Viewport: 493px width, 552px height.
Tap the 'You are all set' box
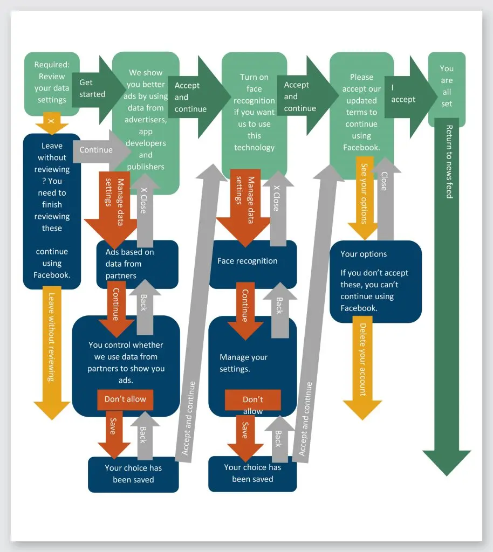pos(447,86)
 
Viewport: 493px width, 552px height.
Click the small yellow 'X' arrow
pos(52,124)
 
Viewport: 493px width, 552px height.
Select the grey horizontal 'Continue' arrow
pos(100,150)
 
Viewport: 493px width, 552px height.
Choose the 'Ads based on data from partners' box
pos(136,264)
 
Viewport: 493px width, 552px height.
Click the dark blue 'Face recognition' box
pos(252,261)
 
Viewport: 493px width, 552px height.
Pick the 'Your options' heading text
pos(364,254)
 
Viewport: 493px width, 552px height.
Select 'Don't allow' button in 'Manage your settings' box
pos(252,401)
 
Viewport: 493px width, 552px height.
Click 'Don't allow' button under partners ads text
pos(125,399)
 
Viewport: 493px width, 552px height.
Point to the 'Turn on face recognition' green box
pos(254,113)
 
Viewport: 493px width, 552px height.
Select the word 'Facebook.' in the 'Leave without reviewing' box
pos(52,275)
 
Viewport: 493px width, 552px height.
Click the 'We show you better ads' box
pos(146,119)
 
